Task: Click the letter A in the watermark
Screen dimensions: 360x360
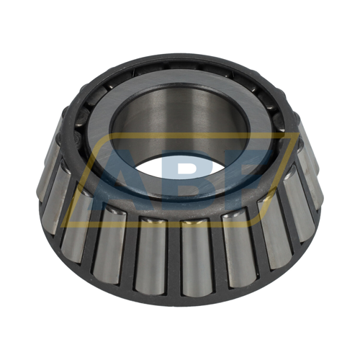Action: pyautogui.click(x=119, y=176)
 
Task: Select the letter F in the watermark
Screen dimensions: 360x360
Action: pyautogui.click(x=248, y=173)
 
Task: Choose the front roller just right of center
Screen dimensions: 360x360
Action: pyautogui.click(x=197, y=256)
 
